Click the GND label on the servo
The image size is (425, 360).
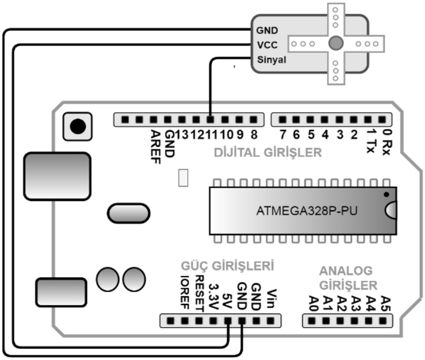point(267,30)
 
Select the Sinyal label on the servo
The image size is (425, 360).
point(271,60)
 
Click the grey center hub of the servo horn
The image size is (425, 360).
point(335,44)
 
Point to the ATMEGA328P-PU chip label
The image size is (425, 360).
point(302,211)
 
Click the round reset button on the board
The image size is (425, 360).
point(77,126)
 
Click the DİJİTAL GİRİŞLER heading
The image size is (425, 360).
point(267,153)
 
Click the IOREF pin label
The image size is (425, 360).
point(184,292)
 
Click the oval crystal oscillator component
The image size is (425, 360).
point(128,213)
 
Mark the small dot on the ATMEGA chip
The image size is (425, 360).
point(386,194)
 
